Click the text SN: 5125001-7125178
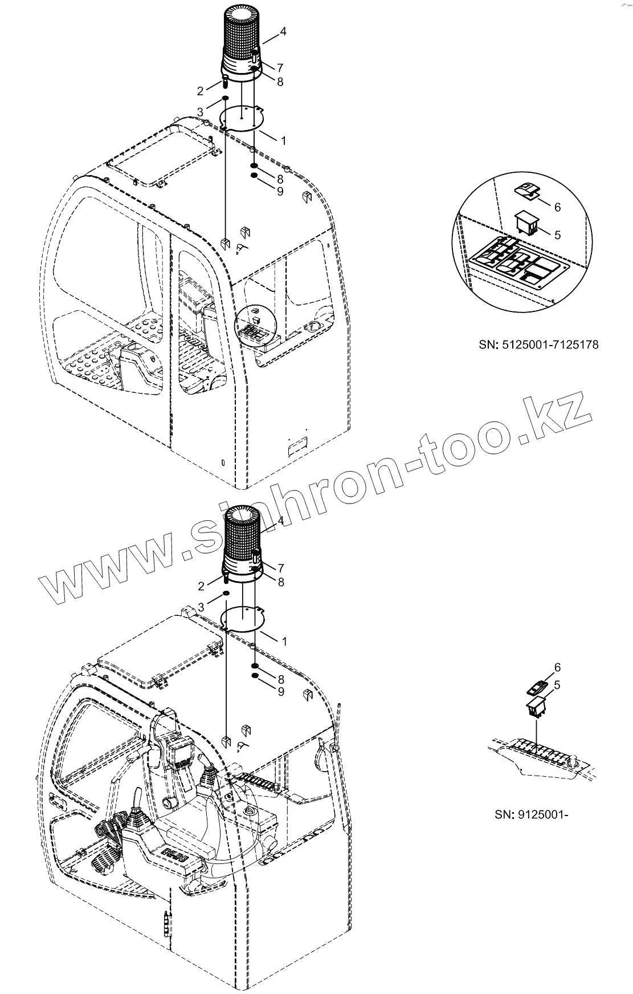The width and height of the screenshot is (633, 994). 538,344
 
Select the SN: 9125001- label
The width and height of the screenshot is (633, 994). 532,814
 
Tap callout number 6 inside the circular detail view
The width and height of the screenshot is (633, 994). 557,207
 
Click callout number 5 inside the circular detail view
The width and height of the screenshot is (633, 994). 557,234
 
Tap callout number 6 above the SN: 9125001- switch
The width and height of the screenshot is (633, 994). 557,667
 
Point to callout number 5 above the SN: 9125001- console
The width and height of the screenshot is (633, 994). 557,685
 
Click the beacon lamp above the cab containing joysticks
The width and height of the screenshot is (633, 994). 242,542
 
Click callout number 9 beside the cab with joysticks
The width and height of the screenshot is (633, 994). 280,691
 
